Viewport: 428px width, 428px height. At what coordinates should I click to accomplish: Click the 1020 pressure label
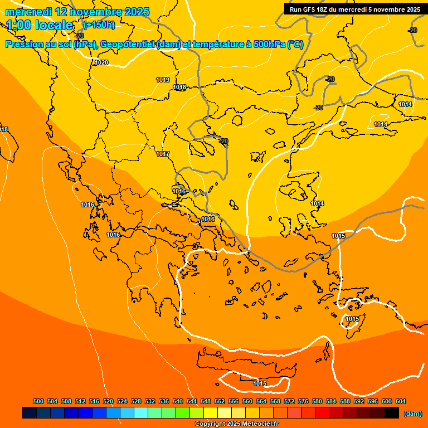pyautogui.click(x=101, y=62)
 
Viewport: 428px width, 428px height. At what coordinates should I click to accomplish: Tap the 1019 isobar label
pyautogui.click(x=163, y=80)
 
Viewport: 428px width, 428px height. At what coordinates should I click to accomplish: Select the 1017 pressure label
pyautogui.click(x=163, y=154)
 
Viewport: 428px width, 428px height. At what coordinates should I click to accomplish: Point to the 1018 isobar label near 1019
pyautogui.click(x=179, y=87)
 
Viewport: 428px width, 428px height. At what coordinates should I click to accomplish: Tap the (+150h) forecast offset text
pyautogui.click(x=99, y=25)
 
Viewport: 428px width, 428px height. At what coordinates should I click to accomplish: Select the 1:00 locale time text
pyautogui.click(x=40, y=25)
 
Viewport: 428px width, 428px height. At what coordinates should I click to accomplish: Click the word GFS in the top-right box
pyautogui.click(x=313, y=9)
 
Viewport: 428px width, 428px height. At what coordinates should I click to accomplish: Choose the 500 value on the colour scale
pyautogui.click(x=38, y=401)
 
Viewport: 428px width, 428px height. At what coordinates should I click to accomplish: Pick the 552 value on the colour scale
pyautogui.click(x=220, y=401)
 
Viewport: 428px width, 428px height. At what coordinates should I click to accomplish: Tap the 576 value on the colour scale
pyautogui.click(x=303, y=401)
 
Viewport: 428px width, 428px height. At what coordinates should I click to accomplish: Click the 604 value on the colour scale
pyautogui.click(x=401, y=401)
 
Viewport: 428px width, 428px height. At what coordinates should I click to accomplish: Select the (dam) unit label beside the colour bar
pyautogui.click(x=412, y=413)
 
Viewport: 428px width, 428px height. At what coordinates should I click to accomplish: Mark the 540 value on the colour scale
pyautogui.click(x=178, y=401)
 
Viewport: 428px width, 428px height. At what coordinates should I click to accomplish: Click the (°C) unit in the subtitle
pyautogui.click(x=295, y=45)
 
